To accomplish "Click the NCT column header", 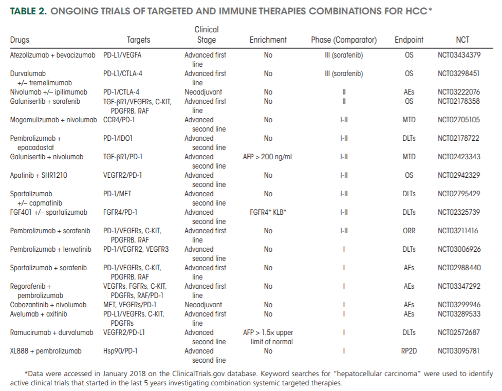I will click(462, 40).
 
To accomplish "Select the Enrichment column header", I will click(268, 40).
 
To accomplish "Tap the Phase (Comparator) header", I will click(344, 40).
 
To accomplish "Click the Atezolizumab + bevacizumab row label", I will click(53, 55).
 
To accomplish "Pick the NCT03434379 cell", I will click(459, 55).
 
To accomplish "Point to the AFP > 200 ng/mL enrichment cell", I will click(268, 157).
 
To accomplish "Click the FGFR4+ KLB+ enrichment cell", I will click(268, 212).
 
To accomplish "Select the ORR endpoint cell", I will click(409, 231).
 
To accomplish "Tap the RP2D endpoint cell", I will click(409, 351).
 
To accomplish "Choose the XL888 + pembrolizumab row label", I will click(46, 351).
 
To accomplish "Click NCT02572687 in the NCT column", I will click(459, 332).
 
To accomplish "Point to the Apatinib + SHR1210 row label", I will click(39, 175).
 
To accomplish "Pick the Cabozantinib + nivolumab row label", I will click(49, 305).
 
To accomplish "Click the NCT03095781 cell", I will click(459, 351).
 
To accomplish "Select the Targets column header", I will click(138, 40).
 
